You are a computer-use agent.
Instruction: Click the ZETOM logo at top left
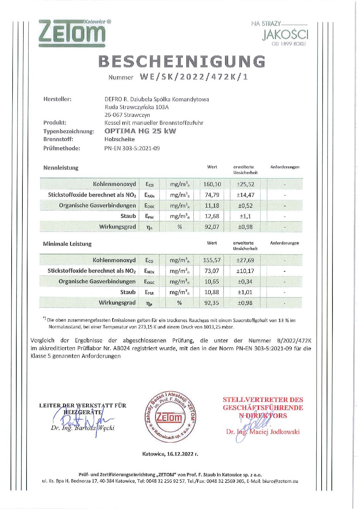pos(72,33)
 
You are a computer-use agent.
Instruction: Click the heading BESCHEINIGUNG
pos(182,62)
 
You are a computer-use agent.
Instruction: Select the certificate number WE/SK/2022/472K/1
pos(194,77)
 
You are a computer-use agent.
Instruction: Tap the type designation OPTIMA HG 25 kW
pos(140,131)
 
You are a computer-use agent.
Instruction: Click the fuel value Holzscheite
pos(119,139)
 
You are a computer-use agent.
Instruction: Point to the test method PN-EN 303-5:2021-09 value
pos(132,148)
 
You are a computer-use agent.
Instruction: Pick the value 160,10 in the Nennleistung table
pos(212,184)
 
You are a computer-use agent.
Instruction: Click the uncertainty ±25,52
pos(245,184)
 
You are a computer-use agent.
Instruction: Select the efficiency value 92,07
pos(212,227)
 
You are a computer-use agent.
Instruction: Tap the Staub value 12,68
pos(212,216)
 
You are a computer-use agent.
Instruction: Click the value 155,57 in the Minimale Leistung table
pos(211,260)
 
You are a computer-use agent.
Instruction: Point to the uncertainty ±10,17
pos(245,271)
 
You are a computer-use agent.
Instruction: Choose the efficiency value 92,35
pos(211,303)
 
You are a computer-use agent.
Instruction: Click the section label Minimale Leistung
pos(67,244)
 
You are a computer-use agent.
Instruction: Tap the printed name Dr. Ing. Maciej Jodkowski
pos(263,432)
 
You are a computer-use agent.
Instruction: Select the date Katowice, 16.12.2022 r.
pos(170,454)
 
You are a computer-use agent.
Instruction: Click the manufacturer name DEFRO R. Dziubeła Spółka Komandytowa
pos(157,99)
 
